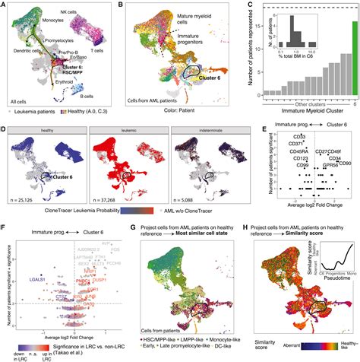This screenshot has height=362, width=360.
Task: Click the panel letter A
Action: pyautogui.click(x=5, y=5)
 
